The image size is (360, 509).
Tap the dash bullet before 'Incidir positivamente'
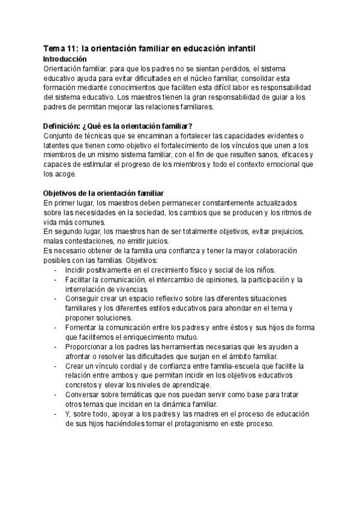pyautogui.click(x=55, y=270)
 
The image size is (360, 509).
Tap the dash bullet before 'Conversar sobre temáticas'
pyautogui.click(x=55, y=394)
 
